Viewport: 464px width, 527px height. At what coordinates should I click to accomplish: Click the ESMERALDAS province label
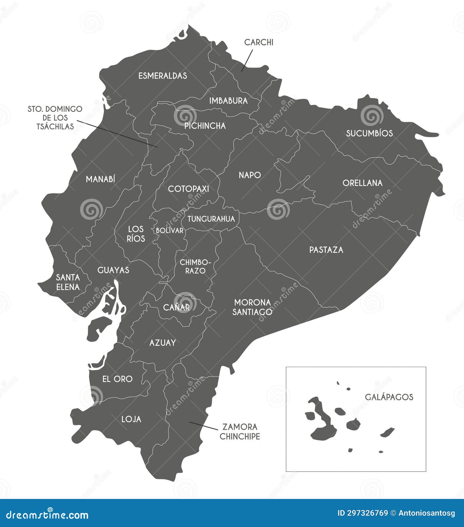pos(163,76)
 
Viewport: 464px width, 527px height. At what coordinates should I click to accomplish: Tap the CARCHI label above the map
pos(258,42)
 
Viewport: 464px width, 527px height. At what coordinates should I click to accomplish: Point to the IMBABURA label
pos(228,101)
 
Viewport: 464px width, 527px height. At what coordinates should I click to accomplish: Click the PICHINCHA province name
pos(205,126)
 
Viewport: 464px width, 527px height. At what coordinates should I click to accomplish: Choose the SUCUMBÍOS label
pos(369,133)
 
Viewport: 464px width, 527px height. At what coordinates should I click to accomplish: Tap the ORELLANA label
pos(362,183)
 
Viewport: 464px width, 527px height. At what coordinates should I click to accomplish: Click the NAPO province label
pos(249,175)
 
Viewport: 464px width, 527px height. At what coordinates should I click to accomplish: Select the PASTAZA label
pos(326,250)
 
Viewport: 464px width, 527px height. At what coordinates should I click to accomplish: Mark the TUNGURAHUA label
pos(211,219)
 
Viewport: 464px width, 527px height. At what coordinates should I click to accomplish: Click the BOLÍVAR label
pos(170,230)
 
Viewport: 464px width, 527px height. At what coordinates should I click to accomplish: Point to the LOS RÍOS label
pos(136,234)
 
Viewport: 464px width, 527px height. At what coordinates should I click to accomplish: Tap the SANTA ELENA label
pos(68,282)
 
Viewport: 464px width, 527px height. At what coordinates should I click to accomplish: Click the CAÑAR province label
pos(176,307)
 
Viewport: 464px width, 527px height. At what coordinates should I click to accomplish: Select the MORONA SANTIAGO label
pos(252,307)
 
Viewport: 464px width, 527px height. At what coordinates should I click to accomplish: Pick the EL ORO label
pos(117,379)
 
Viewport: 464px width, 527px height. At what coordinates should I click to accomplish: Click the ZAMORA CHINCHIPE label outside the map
pos(239,432)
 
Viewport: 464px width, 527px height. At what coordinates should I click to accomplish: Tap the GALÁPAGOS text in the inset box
pos(389,397)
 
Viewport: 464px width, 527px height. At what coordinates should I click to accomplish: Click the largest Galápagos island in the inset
pos(322,421)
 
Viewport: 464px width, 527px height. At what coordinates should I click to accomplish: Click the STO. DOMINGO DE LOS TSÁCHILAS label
pos(55,118)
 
